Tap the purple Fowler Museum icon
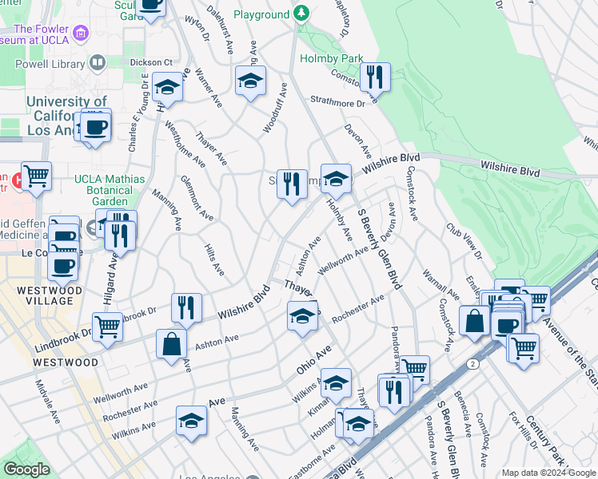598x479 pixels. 80,34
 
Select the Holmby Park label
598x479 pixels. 331,58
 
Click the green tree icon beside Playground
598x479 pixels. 301,14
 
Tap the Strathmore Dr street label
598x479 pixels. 337,101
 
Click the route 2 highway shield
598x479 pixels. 472,362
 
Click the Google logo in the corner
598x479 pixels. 26,469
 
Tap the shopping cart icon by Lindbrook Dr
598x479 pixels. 107,324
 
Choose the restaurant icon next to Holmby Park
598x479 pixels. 374,77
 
